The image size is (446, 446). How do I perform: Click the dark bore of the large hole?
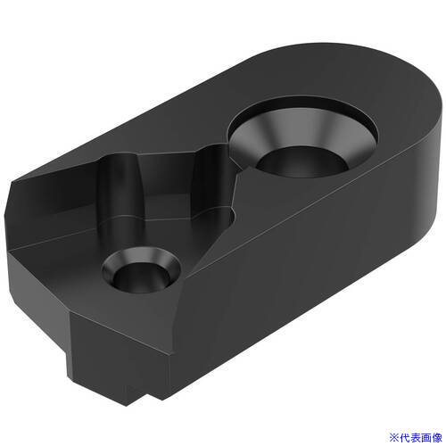(301, 163)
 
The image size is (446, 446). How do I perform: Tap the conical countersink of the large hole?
(306, 131)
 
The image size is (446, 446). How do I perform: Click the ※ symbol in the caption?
(393, 438)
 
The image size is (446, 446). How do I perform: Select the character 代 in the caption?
(404, 438)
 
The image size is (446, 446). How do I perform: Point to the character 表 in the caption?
(415, 438)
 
